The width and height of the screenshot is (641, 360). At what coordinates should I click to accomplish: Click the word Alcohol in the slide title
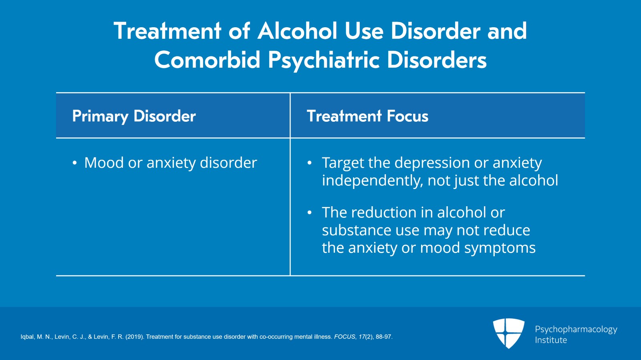coord(297,31)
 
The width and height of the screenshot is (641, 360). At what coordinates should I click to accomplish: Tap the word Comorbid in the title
coord(207,60)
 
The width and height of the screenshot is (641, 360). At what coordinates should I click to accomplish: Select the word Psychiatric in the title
coord(324,60)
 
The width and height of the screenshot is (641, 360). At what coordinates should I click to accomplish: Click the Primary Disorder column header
coord(134,116)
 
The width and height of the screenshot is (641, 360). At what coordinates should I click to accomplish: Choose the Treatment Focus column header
coord(367,116)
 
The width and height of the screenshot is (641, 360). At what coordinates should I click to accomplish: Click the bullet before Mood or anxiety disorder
coord(75,163)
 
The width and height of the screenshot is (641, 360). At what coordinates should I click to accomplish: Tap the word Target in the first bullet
coord(343,163)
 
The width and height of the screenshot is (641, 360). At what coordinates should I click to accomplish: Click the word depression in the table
coord(432,163)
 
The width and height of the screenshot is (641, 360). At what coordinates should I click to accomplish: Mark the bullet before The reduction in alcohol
coord(309,213)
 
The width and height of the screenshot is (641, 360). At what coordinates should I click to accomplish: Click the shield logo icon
coord(508,333)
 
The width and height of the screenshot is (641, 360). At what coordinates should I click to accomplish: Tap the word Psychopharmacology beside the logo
coord(576,329)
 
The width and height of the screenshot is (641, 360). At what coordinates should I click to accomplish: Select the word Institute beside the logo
coord(551,340)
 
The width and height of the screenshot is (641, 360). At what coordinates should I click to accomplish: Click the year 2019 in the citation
coord(134,337)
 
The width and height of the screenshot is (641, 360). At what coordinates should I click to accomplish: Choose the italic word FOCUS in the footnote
coord(344,337)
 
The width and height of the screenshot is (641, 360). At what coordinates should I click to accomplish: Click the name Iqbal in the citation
coord(28,337)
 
